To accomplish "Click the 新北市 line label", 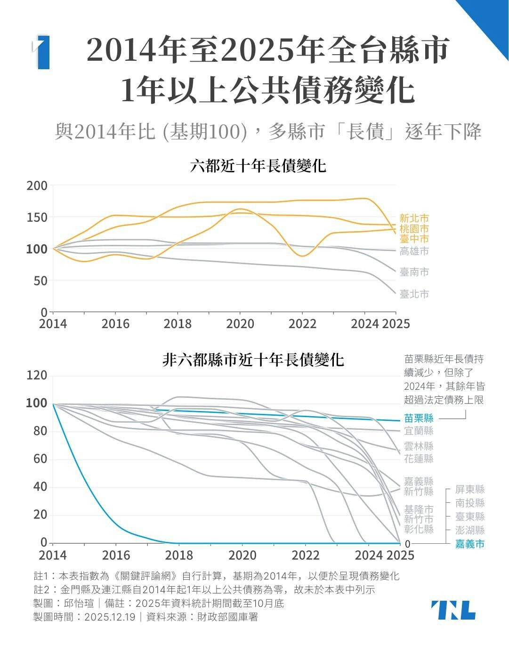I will pos(414,218).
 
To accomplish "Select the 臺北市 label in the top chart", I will pos(414,294).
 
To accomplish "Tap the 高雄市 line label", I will pos(414,251).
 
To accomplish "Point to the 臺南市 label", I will pos(414,272).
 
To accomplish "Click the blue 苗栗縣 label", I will pos(419,418).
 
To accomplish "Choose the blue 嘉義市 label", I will pos(469,544).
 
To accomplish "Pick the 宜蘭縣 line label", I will pos(419,431).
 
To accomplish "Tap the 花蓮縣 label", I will pos(419,459).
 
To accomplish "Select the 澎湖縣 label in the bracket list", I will pos(469,531).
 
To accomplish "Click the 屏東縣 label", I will pos(469,490).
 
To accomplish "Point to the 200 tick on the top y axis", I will pos(37,186).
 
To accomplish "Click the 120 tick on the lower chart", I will pos(37,376).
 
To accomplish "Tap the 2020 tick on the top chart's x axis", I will pos(240,324).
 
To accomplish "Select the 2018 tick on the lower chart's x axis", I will pos(179,555).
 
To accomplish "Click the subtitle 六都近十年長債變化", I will pos(258,166).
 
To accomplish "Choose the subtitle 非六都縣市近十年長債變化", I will pos(253,360).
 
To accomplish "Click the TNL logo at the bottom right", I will pos(453,610).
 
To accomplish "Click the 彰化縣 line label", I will pos(419,529).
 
